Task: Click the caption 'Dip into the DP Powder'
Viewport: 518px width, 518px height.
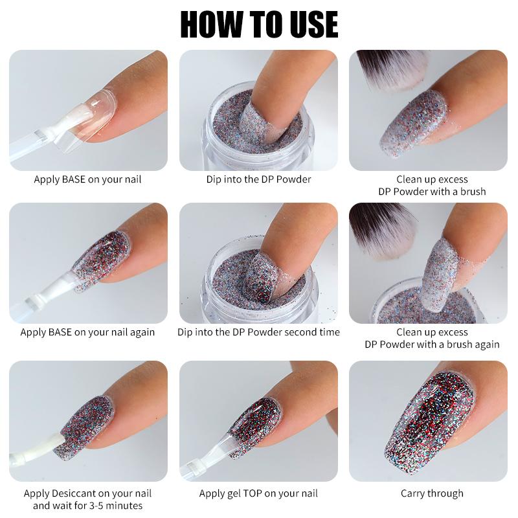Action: click(258, 179)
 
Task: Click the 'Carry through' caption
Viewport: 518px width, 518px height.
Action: click(432, 493)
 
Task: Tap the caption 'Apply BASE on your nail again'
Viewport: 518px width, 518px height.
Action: click(87, 332)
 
